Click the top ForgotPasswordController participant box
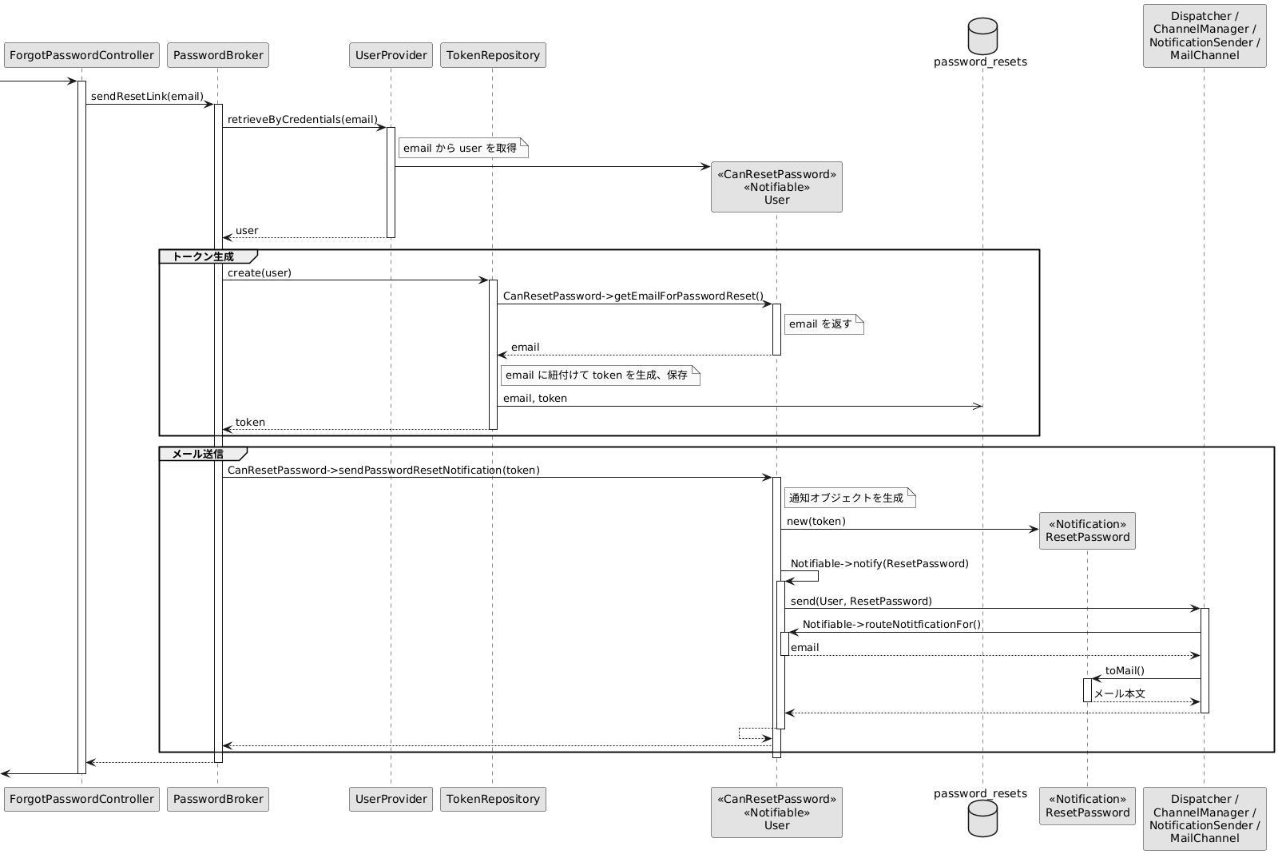pos(81,55)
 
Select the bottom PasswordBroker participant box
pos(218,799)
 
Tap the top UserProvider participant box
pos(391,55)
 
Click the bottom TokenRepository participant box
pos(493,799)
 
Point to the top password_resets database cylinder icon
pos(982,37)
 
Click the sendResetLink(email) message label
pos(147,96)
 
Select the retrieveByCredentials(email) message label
pos(303,119)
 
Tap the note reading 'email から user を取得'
pos(463,149)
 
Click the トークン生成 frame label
pos(203,256)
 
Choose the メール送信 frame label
pos(198,454)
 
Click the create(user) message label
pos(260,272)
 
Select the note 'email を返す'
pos(824,324)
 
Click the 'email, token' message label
pos(535,398)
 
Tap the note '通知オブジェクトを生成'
pos(850,498)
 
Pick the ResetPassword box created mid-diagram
pos(1087,530)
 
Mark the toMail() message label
pos(1125,670)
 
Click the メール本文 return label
pos(1119,693)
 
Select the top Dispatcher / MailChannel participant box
pos(1205,36)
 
